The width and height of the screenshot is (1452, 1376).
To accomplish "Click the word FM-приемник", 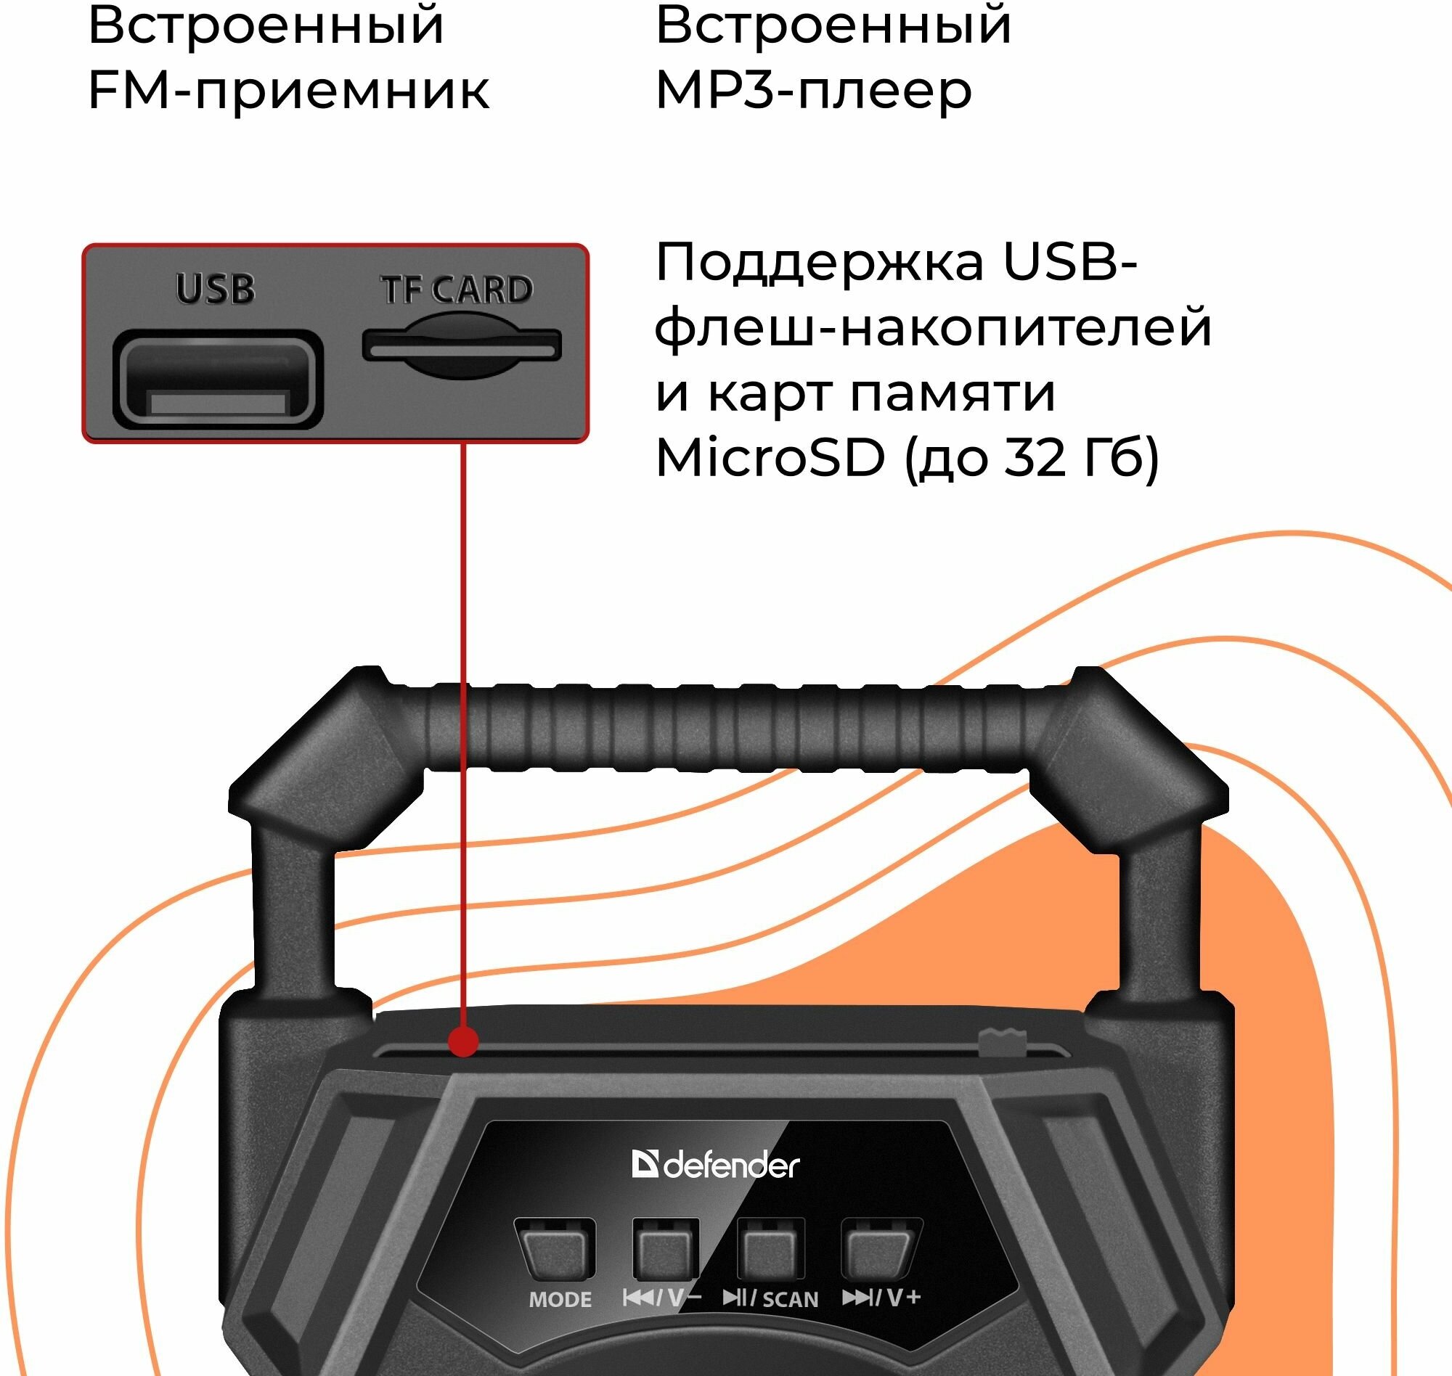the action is point(287,91).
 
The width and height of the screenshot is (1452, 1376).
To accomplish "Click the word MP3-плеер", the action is point(813,91).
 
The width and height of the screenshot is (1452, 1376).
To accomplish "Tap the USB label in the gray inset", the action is point(215,289).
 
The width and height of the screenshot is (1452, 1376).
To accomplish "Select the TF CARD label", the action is point(456,290).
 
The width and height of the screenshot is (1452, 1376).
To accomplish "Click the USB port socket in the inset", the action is point(218,380).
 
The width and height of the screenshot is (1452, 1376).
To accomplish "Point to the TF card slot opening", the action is point(462,345).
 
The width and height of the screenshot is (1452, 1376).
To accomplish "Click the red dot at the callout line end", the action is point(463,1041).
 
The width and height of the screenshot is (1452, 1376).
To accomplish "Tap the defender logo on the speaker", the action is point(715,1165).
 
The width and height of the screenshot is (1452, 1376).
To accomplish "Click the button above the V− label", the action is point(665,1249).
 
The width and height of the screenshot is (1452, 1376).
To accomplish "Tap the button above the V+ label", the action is point(880,1249).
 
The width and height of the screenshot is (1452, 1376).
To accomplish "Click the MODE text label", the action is point(560,1300).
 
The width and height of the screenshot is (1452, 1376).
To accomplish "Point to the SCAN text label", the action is point(790,1300).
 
